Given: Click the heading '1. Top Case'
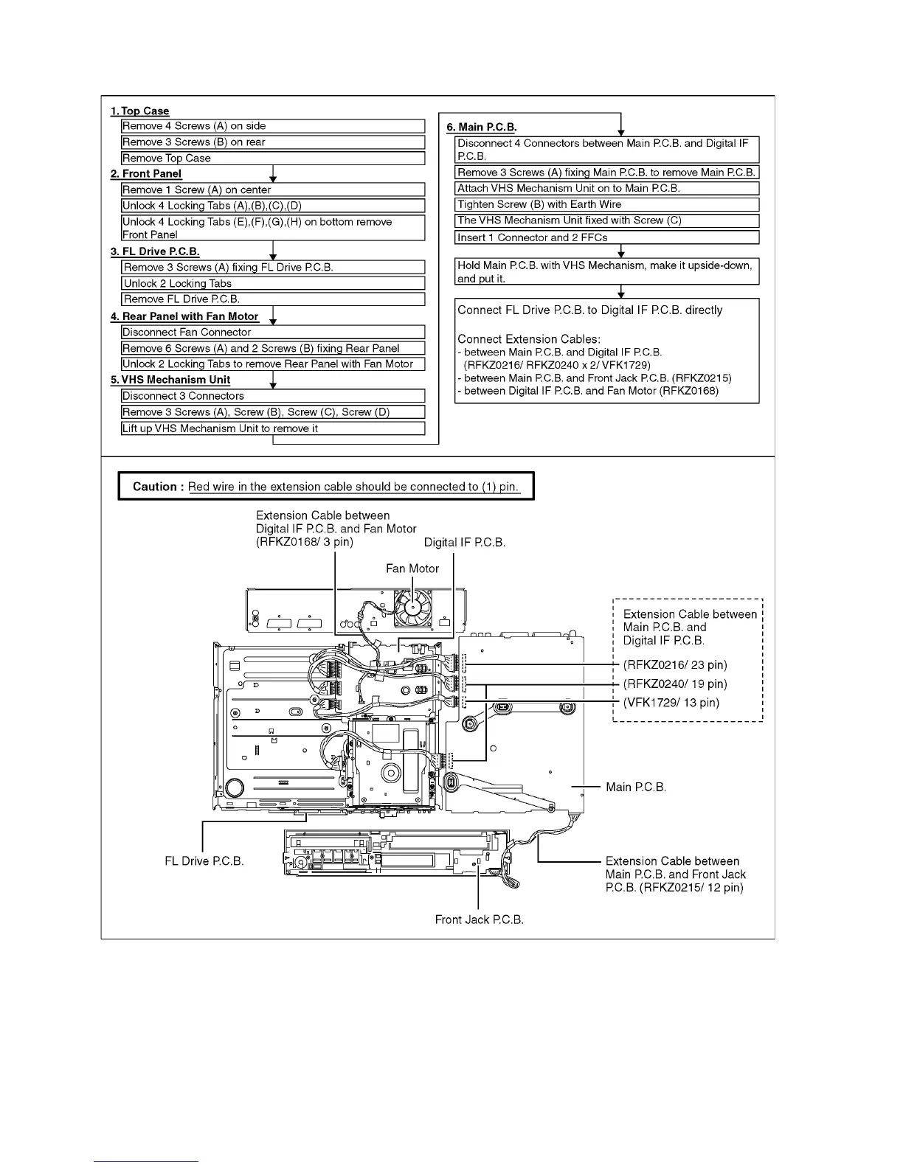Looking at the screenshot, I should tap(139, 111).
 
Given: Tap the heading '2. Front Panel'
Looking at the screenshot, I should tap(146, 174).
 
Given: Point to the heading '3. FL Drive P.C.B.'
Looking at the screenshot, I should tap(155, 251).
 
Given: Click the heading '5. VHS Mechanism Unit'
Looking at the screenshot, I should tap(170, 380).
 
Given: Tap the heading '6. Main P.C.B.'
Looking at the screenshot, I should tap(482, 127).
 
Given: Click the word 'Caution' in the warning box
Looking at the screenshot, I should tap(154, 487).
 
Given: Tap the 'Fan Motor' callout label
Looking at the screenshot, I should tap(412, 569).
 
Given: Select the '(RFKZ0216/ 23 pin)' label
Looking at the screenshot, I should tap(675, 664).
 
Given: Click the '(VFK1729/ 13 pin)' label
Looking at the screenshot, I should tap(671, 702).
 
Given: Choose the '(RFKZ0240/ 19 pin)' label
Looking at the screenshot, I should tap(675, 684).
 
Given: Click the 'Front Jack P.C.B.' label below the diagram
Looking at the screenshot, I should tap(480, 920).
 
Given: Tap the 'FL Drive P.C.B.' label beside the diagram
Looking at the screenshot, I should tap(204, 861).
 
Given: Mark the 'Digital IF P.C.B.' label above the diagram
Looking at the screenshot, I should tap(465, 543).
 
